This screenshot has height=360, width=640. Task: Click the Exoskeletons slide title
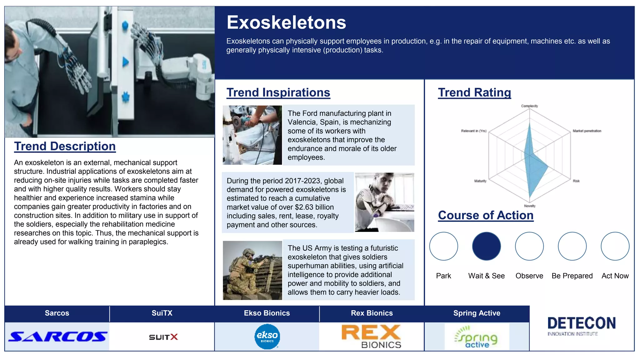(286, 22)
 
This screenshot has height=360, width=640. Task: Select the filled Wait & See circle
(486, 246)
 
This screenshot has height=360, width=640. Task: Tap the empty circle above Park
(443, 246)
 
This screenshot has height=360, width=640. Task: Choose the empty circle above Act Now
(615, 246)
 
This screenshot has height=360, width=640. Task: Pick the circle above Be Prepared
(572, 246)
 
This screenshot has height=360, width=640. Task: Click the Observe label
(529, 276)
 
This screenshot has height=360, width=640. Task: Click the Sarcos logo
(57, 337)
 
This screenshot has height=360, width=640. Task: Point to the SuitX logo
(163, 337)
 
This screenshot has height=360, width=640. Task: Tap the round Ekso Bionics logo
(267, 337)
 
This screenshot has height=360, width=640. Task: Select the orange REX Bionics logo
(371, 336)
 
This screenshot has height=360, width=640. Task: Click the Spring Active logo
(477, 337)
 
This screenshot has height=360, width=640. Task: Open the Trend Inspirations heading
(278, 92)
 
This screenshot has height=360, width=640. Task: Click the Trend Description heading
(65, 146)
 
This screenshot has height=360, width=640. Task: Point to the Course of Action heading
(486, 215)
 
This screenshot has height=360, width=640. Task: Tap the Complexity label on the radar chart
(529, 106)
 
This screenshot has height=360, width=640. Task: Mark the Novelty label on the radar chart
(530, 206)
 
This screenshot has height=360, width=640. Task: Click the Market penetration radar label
(587, 131)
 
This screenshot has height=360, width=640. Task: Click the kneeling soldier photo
(252, 270)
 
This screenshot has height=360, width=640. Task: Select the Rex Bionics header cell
(372, 313)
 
